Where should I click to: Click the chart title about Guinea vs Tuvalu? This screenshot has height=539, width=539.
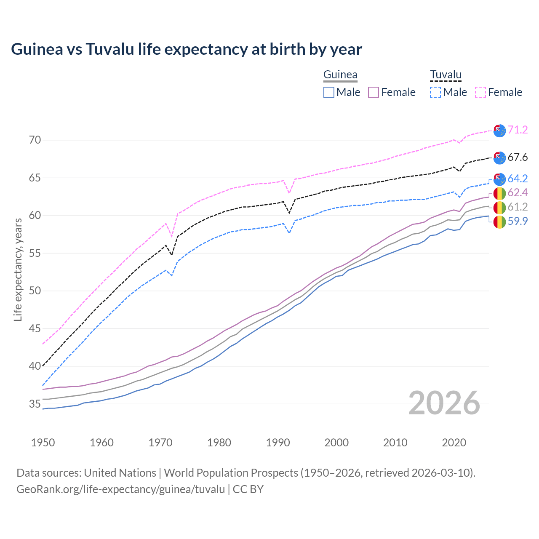186,49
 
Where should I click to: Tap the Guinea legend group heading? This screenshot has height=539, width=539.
340,75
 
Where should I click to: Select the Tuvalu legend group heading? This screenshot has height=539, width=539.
446,75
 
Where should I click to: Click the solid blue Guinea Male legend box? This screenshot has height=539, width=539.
329,92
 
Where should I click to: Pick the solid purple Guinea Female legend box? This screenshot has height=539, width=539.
374,92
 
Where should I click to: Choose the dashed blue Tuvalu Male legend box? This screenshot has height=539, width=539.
435,92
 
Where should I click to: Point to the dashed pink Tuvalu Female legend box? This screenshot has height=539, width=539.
480,92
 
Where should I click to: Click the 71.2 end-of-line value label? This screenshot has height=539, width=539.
518,130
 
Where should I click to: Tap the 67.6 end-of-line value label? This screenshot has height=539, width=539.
518,157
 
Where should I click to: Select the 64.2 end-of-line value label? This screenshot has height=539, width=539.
518,179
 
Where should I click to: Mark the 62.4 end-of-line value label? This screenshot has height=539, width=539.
518,193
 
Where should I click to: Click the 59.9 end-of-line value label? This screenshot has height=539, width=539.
518,221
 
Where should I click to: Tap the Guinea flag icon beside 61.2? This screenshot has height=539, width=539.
499,207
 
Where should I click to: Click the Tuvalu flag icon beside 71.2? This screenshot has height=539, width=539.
499,131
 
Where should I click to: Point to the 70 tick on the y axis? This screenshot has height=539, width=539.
35,140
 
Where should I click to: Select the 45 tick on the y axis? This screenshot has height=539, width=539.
35,328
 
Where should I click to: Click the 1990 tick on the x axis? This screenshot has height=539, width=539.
278,443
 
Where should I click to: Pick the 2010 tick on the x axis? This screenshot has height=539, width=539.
395,443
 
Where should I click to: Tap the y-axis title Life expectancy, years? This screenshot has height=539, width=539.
18,269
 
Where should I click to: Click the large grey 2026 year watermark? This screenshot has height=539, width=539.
444,403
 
